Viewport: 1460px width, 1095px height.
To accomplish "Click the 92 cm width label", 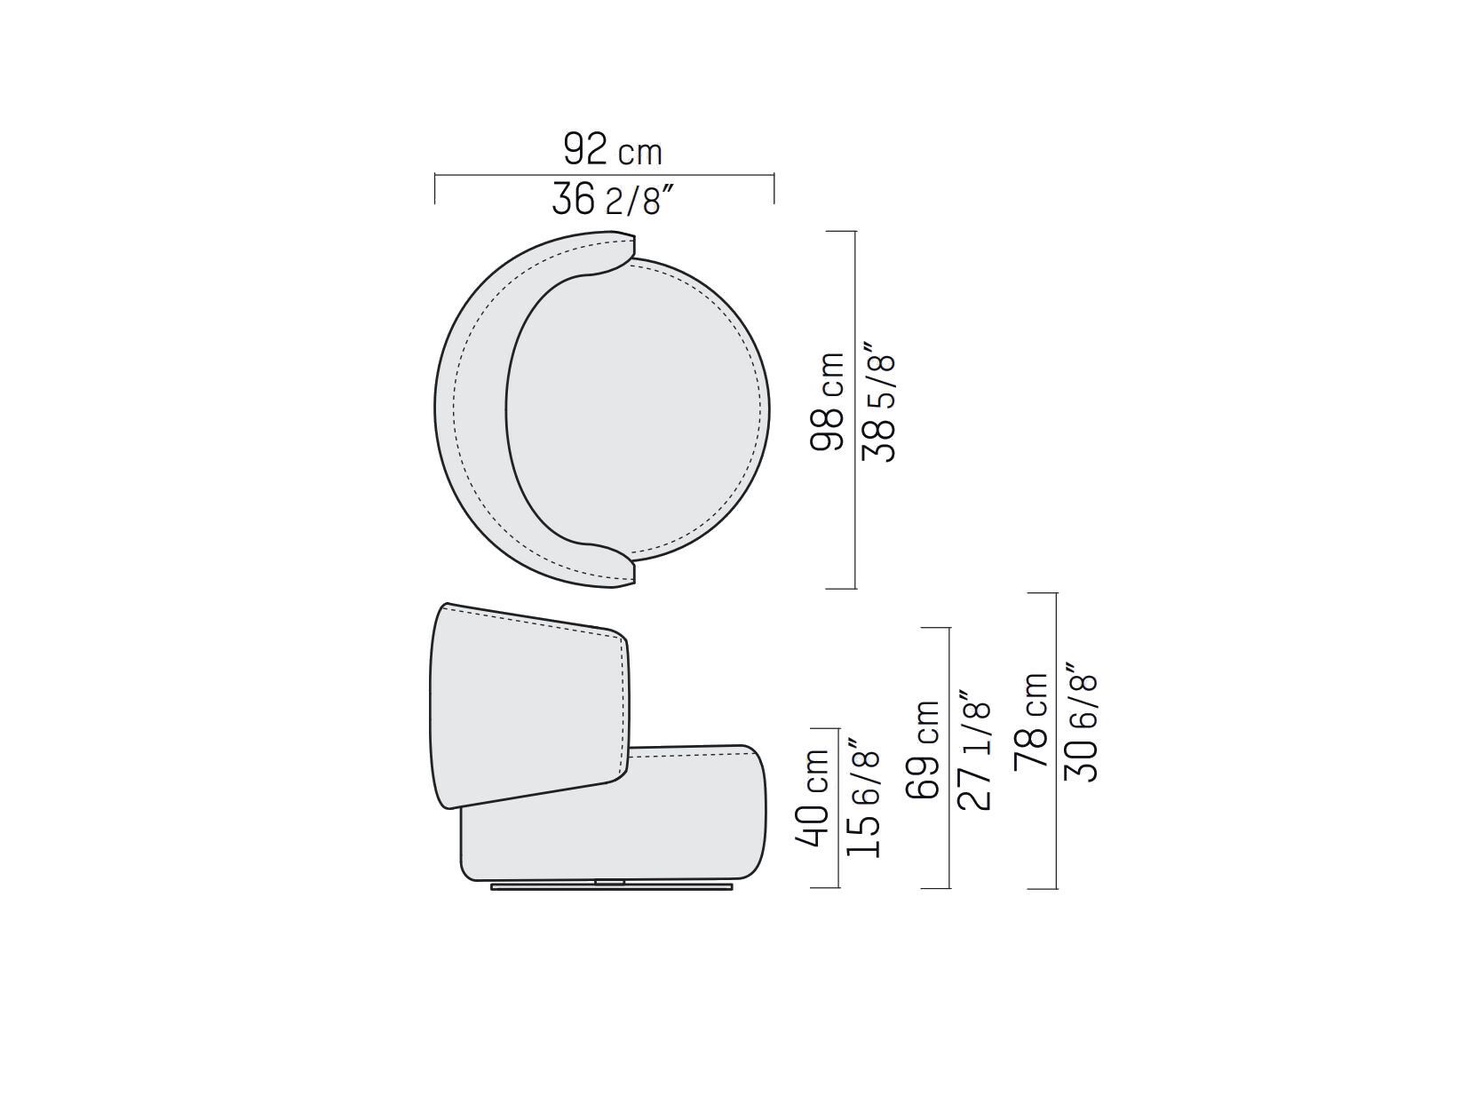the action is tap(613, 149).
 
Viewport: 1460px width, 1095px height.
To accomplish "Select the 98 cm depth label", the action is tap(827, 402).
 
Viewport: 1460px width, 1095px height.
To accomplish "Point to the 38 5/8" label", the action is tap(878, 402).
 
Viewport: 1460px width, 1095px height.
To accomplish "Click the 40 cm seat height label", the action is tap(812, 797).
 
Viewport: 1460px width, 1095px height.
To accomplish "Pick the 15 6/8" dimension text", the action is tap(862, 797).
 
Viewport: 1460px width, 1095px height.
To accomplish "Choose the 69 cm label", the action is tap(923, 750).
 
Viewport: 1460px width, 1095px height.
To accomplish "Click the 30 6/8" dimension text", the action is tap(1081, 722).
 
